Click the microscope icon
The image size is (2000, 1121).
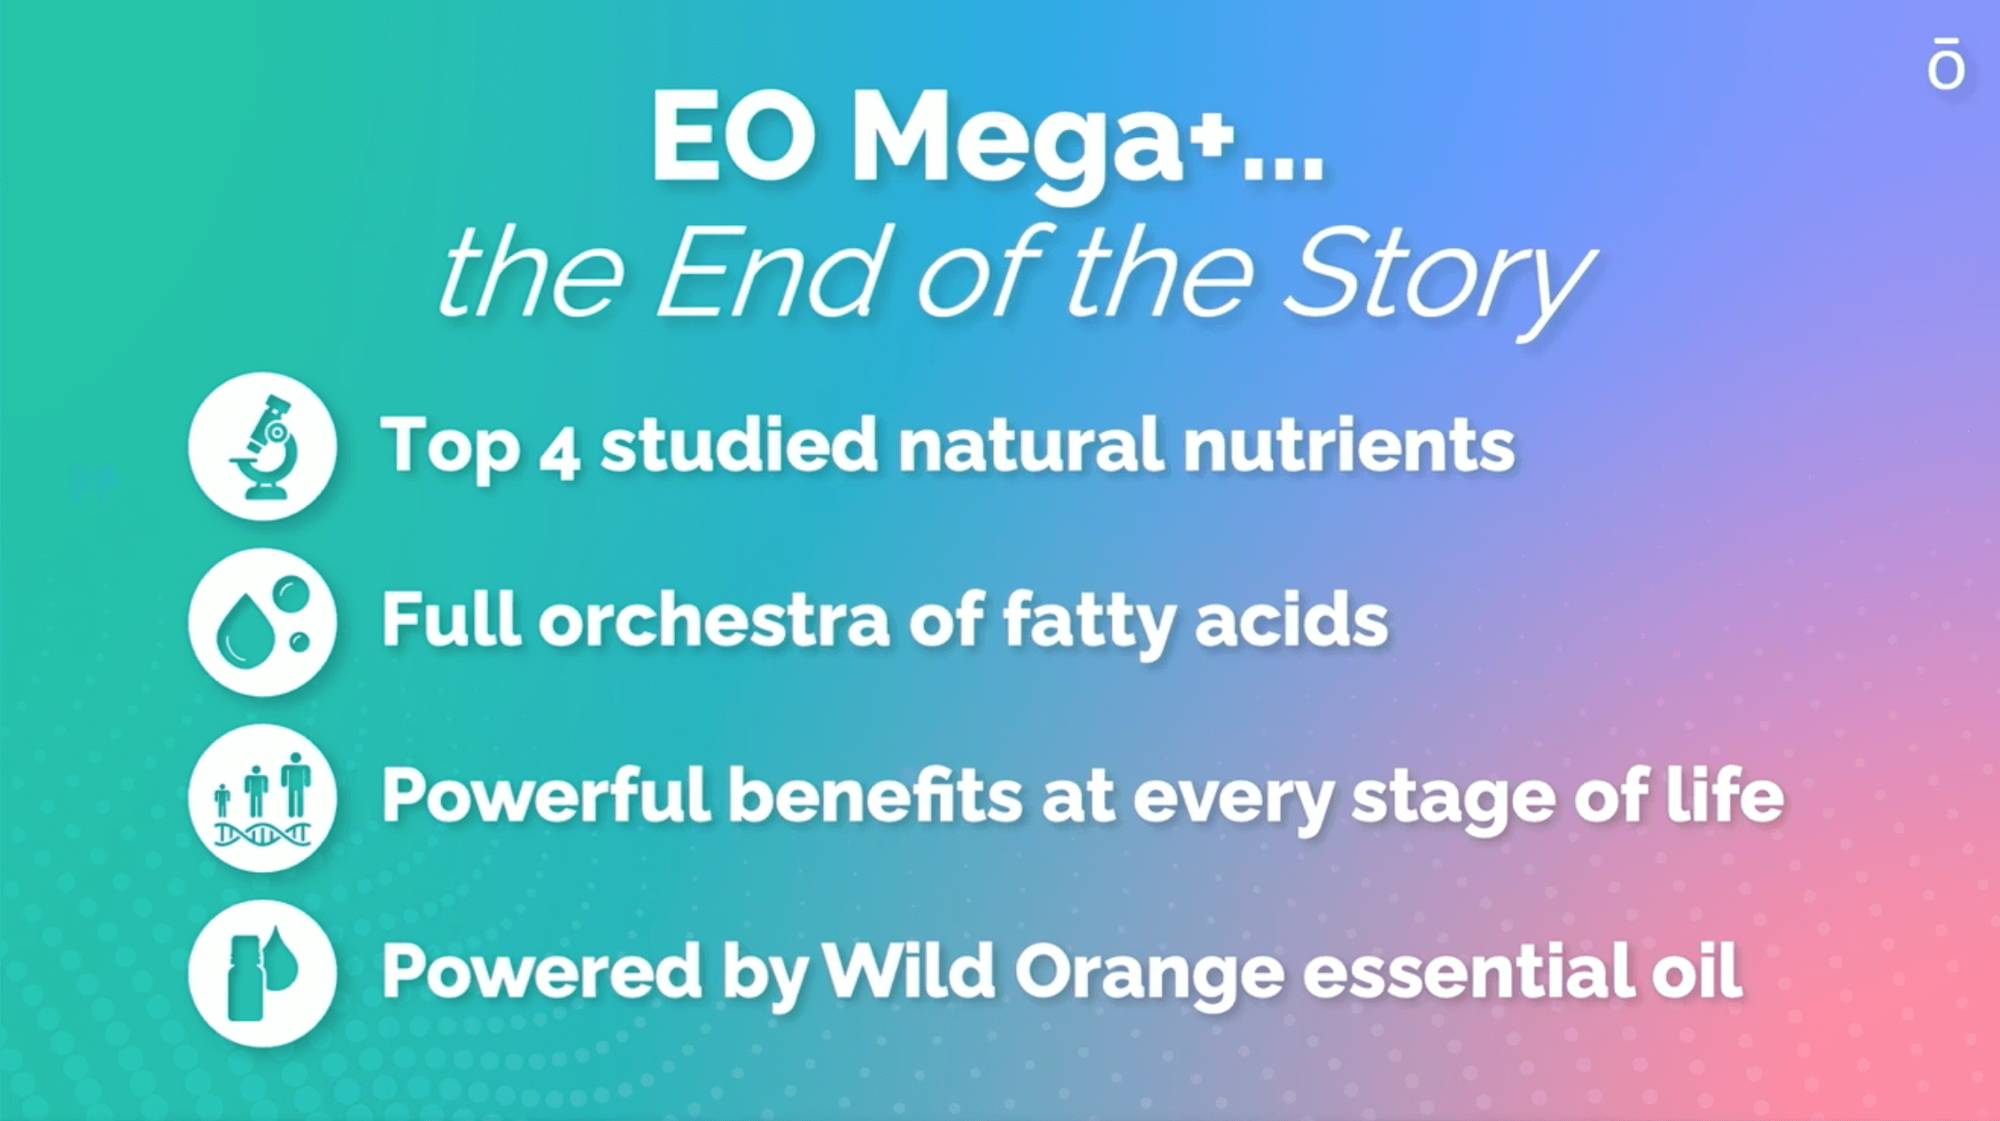(263, 446)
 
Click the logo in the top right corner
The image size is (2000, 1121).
(1946, 62)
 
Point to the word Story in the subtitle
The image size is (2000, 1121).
(1439, 279)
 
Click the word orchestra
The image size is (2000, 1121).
(714, 620)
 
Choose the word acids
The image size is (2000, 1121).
(1291, 620)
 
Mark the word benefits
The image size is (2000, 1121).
(875, 794)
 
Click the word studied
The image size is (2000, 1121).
(739, 445)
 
